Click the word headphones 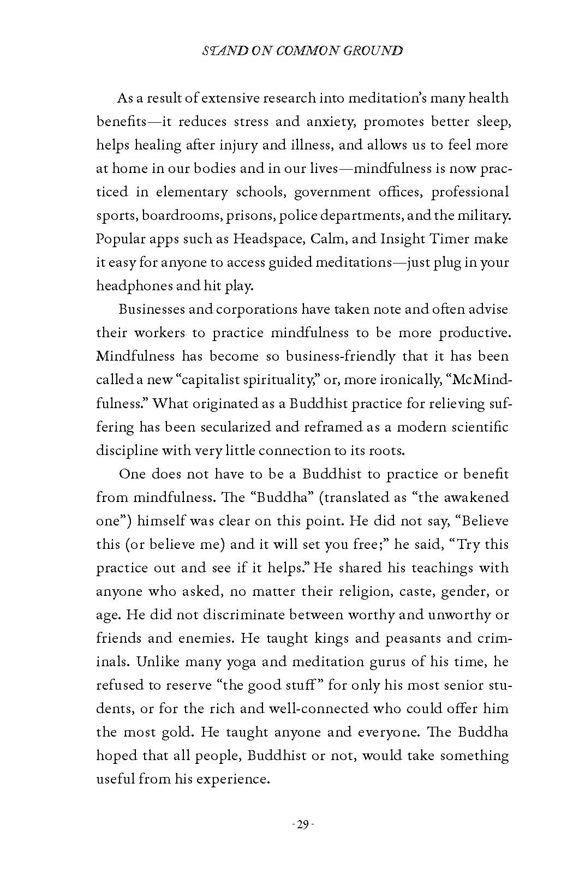click(136, 286)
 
